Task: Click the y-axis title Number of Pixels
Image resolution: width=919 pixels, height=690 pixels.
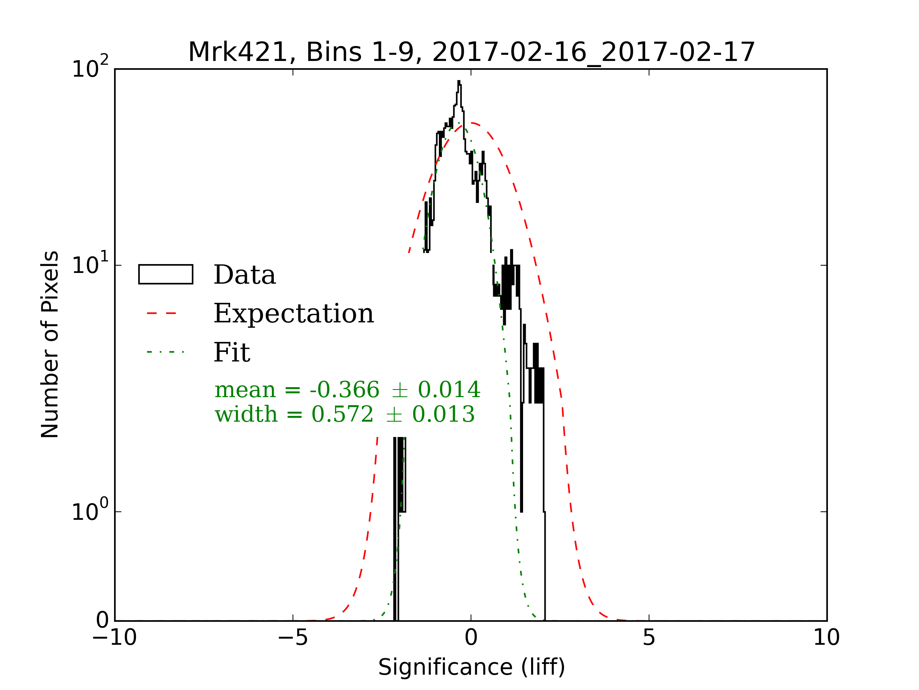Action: [50, 344]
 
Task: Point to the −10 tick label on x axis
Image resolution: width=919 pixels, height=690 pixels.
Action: [114, 637]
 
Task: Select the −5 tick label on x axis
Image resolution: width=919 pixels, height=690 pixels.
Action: [293, 637]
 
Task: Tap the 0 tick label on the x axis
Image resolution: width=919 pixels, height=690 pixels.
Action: [471, 637]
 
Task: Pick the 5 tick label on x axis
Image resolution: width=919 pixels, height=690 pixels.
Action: [649, 637]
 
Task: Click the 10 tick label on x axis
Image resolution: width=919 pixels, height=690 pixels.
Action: [826, 637]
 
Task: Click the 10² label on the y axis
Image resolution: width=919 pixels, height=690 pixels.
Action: [90, 68]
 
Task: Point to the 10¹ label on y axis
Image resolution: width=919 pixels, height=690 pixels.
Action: [90, 264]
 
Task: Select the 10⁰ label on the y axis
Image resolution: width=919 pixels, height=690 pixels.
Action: [90, 511]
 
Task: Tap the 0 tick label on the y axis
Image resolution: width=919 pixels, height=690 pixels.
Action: [102, 621]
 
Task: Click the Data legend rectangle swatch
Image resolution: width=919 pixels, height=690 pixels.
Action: [165, 274]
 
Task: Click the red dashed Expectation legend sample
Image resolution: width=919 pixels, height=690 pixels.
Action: [162, 313]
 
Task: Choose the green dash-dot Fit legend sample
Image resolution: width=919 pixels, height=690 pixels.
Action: [165, 352]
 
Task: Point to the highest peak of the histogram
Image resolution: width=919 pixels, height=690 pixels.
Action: [459, 82]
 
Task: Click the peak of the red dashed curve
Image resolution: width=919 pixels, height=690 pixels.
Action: [472, 123]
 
